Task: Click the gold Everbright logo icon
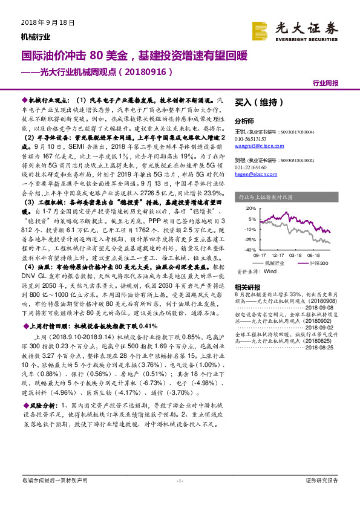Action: pyautogui.click(x=260, y=30)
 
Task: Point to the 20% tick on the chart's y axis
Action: pyautogui.click(x=249, y=207)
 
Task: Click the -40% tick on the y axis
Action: pyautogui.click(x=248, y=249)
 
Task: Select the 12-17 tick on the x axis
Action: pyautogui.click(x=278, y=255)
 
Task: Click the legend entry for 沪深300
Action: pyautogui.click(x=314, y=264)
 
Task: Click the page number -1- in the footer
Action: pyautogui.click(x=179, y=497)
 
